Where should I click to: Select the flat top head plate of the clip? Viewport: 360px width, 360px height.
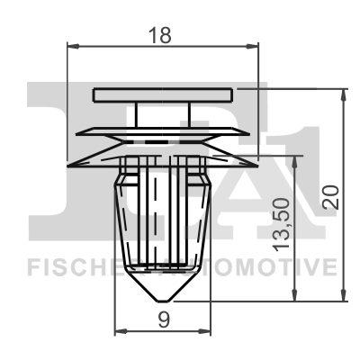click(163, 93)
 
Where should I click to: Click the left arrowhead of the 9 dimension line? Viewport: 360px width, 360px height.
click(114, 329)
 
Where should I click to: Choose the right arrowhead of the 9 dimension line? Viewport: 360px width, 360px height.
click(211, 329)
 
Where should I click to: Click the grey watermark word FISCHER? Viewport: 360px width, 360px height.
click(76, 266)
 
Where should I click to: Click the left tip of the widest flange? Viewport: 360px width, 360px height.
click(68, 164)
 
